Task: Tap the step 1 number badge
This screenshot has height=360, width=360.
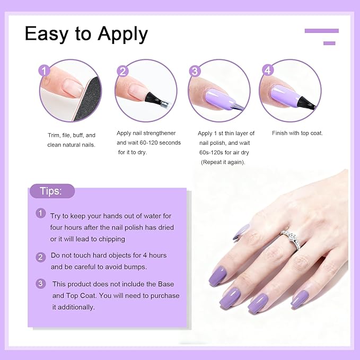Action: click(45, 71)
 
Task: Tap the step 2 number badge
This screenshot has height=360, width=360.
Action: click(123, 71)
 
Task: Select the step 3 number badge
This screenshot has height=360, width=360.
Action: click(195, 71)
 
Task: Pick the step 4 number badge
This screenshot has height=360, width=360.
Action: click(267, 70)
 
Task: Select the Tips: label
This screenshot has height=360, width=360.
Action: click(52, 191)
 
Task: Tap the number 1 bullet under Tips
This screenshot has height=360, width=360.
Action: click(41, 213)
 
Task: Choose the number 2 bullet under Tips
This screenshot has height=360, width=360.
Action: click(41, 257)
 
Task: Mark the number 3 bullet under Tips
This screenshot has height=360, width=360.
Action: click(41, 284)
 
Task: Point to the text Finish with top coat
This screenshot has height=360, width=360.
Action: click(297, 133)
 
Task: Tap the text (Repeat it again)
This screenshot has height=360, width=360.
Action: click(223, 162)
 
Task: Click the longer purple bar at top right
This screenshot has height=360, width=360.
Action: click(321, 31)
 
